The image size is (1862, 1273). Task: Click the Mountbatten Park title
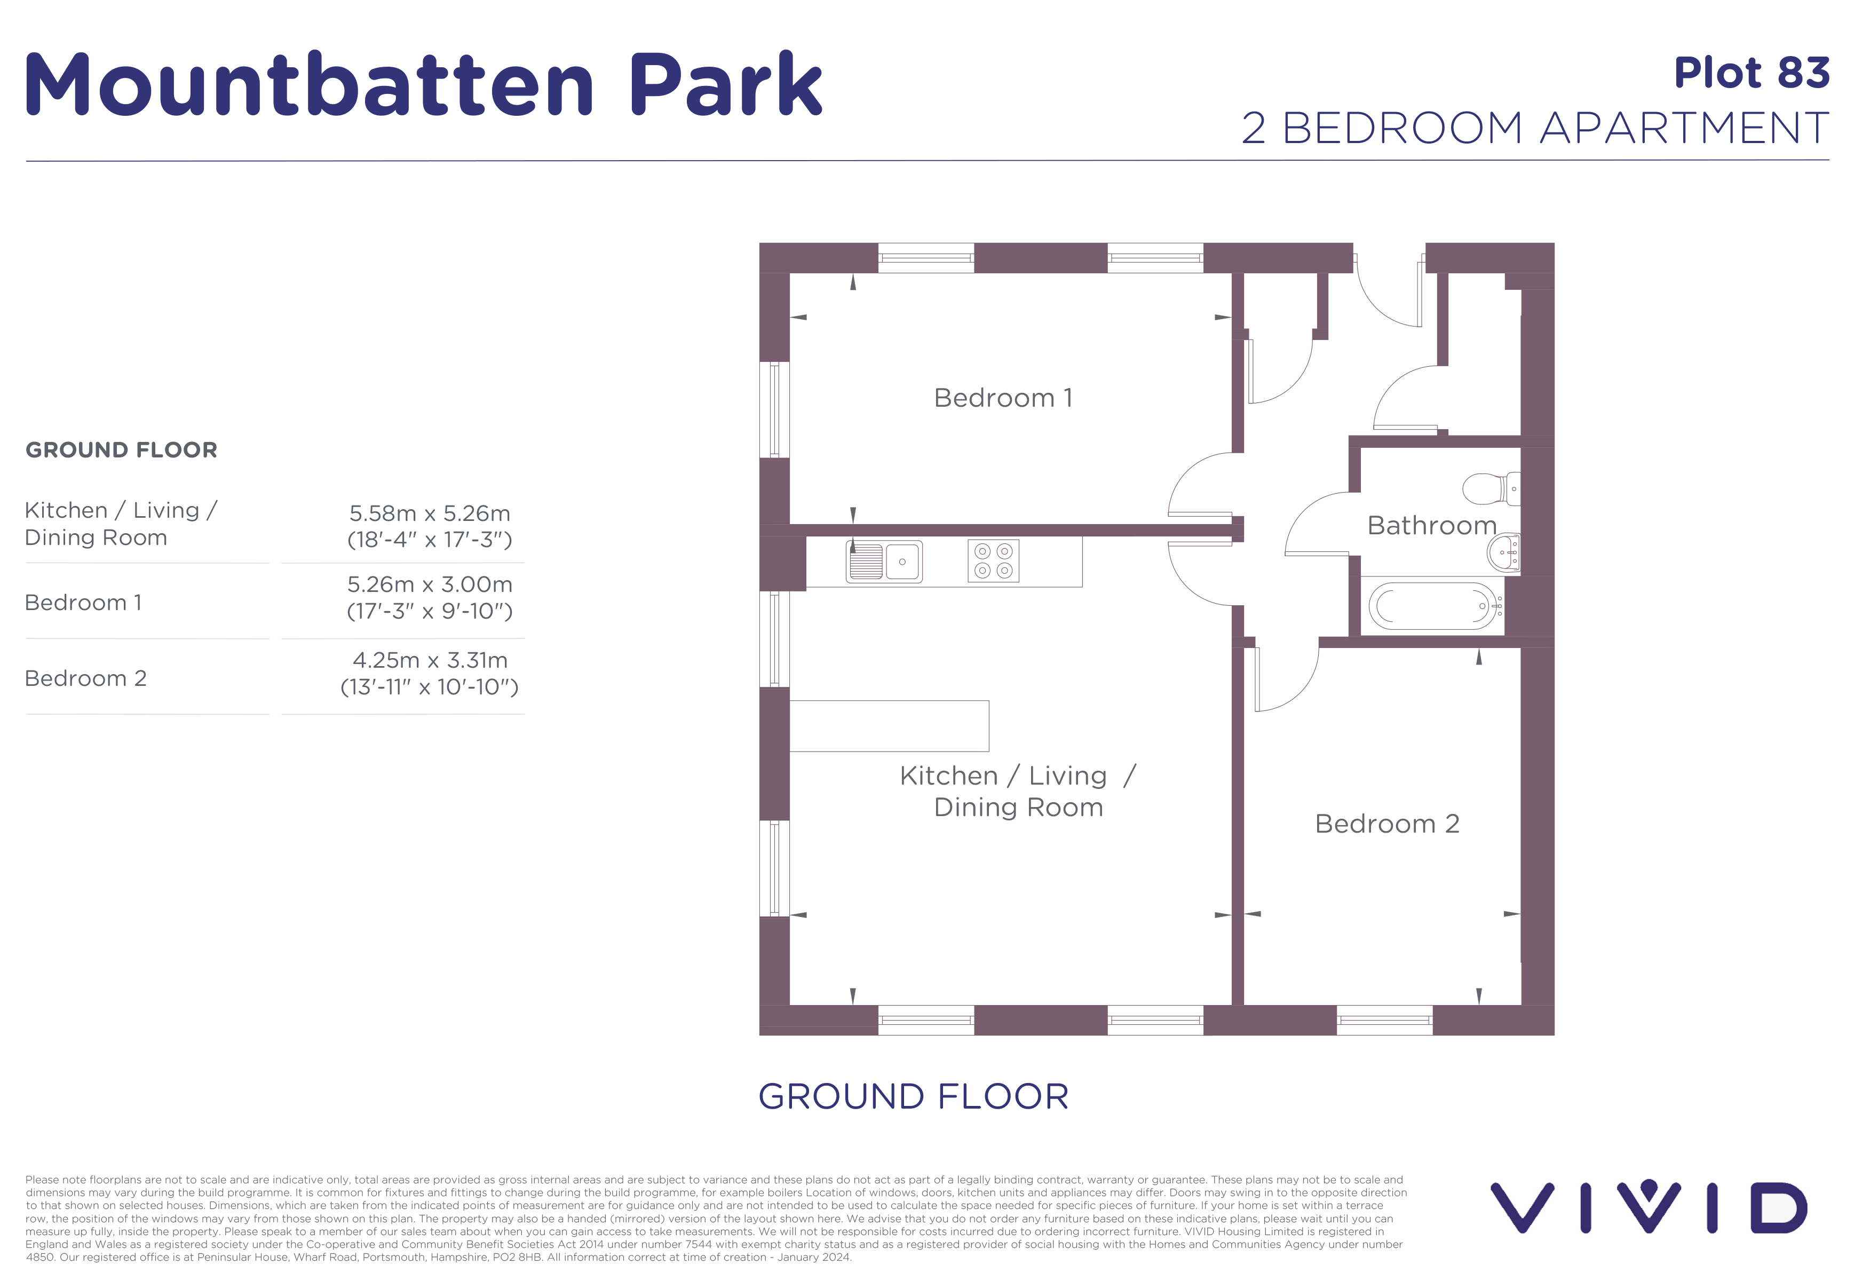423,84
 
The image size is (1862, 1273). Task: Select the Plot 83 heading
1752,73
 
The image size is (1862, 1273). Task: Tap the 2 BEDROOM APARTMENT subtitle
1534,128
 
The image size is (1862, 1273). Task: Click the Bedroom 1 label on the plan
1002,398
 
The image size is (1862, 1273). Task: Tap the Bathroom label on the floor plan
1431,526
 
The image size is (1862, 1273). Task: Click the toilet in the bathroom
1490,489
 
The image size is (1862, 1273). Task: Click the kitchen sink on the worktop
884,561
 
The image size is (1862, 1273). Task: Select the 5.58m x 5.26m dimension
430,513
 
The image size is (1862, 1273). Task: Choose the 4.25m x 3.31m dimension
430,660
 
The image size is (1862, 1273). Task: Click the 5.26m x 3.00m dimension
430,585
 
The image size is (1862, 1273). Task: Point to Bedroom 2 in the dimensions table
86,678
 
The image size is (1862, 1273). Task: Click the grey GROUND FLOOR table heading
121,450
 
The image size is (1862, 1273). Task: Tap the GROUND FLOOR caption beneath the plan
913,1097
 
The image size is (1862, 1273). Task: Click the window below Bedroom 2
1384,1020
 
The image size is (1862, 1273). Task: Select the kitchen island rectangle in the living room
889,726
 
